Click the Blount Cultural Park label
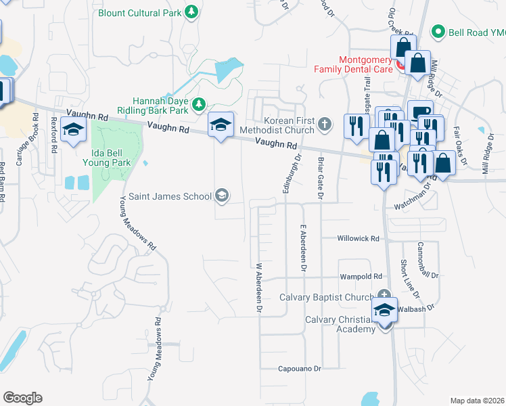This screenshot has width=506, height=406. pos(139,13)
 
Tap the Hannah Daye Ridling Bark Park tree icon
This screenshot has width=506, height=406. pos(199,104)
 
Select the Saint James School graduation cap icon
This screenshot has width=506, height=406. pos(221,196)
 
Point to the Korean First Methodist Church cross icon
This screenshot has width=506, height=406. pos(325,123)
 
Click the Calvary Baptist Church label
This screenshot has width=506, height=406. pos(327,298)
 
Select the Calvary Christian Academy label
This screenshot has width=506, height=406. pos(340,324)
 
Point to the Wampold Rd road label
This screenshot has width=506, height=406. pos(361,276)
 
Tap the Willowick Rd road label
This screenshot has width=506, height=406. pos(359,238)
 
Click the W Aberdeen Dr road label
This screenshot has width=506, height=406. pos(258,288)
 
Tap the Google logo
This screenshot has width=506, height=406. pos(22,398)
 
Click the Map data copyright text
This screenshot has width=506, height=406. pos(478,401)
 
